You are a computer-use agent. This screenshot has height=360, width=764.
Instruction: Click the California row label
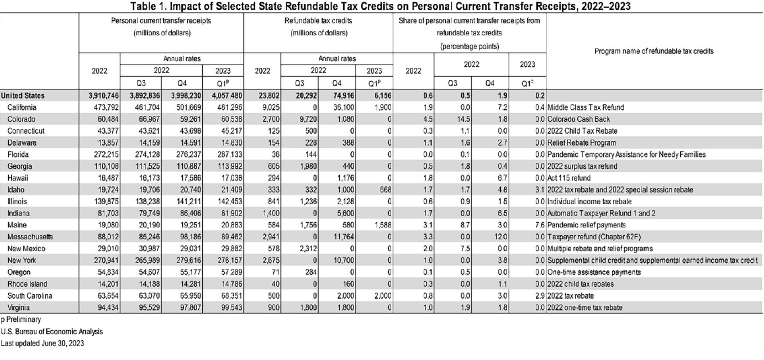coord(22,107)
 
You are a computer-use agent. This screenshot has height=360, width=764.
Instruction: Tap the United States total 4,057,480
coord(227,96)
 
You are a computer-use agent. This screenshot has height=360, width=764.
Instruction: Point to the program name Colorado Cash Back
coord(578,119)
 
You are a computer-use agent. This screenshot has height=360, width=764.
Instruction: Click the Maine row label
coord(17,225)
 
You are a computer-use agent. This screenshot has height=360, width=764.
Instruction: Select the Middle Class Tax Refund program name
coord(586,107)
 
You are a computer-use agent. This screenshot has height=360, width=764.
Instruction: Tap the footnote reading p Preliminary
coord(21,320)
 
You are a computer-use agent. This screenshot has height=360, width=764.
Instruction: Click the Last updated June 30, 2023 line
coord(43,343)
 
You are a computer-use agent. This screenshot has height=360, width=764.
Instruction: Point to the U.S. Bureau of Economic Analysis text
coord(52,331)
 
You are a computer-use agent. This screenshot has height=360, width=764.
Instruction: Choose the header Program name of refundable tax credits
coord(654,51)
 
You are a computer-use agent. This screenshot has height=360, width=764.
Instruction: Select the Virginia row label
coord(18,308)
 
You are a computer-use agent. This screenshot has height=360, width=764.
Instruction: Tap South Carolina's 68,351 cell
coord(230,295)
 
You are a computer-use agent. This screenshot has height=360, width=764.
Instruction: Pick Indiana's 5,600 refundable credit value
coord(345,214)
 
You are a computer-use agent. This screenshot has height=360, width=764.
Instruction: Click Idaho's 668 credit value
coord(386,189)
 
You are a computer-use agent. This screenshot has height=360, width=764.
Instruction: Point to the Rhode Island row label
coord(27,284)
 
